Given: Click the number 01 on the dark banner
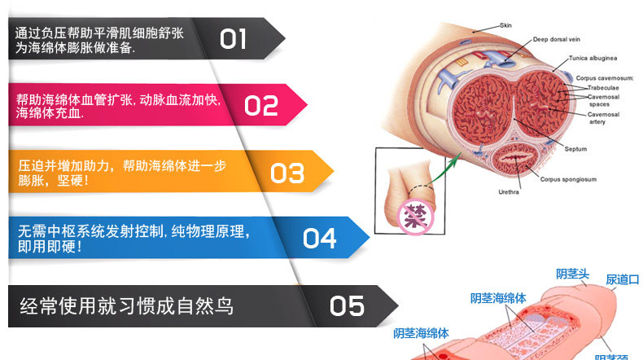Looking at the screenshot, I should click(233, 38).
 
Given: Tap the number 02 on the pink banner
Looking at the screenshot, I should click(261, 105).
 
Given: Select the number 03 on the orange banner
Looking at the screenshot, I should click(287, 173).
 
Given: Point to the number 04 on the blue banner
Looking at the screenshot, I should click(319, 238).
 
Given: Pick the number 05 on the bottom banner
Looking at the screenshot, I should click(347, 306).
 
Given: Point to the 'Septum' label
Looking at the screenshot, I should click(576, 149).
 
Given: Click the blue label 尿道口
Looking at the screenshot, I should click(622, 279).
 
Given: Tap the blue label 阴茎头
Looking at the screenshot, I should click(572, 274).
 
